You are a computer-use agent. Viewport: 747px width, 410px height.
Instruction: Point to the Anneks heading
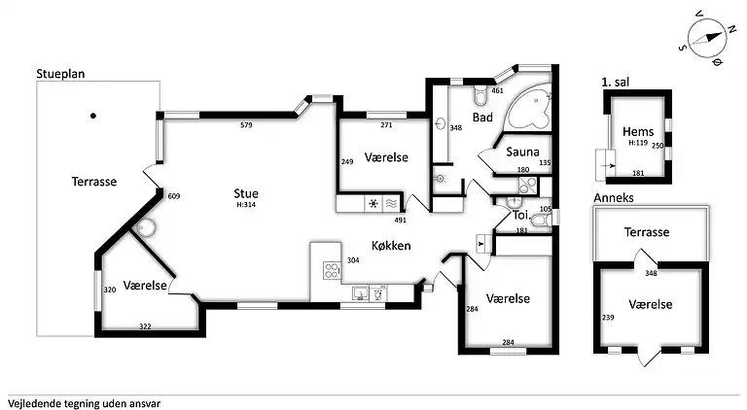pyautogui.click(x=612, y=197)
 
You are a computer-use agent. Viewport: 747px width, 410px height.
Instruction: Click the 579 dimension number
pyautogui.click(x=246, y=125)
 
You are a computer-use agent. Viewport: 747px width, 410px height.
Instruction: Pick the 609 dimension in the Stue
pyautogui.click(x=174, y=197)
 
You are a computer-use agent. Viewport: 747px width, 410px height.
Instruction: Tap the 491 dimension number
pyautogui.click(x=400, y=221)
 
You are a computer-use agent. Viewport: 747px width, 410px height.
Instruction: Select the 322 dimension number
pyautogui.click(x=145, y=326)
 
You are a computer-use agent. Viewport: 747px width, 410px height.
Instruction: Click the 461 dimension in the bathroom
pyautogui.click(x=497, y=91)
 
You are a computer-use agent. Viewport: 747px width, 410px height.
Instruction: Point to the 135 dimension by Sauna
pyautogui.click(x=545, y=163)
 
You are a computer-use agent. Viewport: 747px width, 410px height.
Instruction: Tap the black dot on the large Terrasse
pyautogui.click(x=93, y=117)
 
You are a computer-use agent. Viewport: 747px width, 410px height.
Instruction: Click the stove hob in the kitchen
pyautogui.click(x=330, y=269)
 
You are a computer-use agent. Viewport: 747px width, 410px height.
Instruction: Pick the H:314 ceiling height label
pyautogui.click(x=246, y=205)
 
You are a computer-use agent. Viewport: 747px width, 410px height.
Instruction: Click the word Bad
pyautogui.click(x=482, y=118)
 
